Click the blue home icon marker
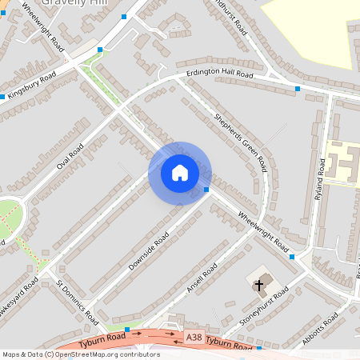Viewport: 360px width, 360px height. (180, 172)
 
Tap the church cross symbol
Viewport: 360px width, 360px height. (258, 285)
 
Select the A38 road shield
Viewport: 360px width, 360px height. (194, 339)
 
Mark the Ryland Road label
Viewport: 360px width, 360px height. (320, 179)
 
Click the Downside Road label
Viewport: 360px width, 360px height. (150, 251)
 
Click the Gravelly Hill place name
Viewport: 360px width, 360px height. (68, 3)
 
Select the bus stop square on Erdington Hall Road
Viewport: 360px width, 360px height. (298, 88)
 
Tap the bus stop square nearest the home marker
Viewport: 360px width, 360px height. (206, 190)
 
